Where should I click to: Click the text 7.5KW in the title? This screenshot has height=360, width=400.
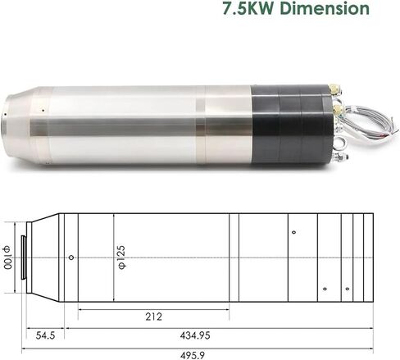249,8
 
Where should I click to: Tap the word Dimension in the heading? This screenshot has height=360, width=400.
325,8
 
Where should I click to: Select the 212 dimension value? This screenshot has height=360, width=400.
153,317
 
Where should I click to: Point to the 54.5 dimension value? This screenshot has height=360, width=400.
45,335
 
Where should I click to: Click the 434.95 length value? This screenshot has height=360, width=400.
195,335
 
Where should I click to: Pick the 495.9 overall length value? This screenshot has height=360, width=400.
193,355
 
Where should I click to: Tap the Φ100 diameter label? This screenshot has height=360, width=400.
7,257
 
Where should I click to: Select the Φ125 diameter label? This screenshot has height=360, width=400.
121,257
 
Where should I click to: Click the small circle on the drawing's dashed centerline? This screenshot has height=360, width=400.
71,257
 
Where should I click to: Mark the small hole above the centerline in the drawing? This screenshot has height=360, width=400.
293,232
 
